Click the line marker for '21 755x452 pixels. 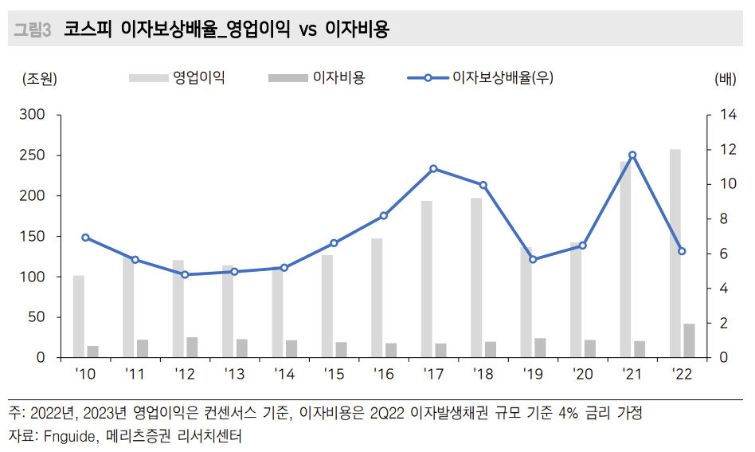tap(632, 155)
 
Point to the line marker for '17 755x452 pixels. tap(433, 168)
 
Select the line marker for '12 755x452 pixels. tap(185, 274)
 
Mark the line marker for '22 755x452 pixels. tap(682, 251)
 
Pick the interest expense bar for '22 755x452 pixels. tap(689, 340)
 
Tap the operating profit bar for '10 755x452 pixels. tap(78, 316)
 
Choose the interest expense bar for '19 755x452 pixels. tap(540, 348)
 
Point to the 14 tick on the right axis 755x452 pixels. tap(727, 115)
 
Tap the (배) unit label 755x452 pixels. tap(726, 78)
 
